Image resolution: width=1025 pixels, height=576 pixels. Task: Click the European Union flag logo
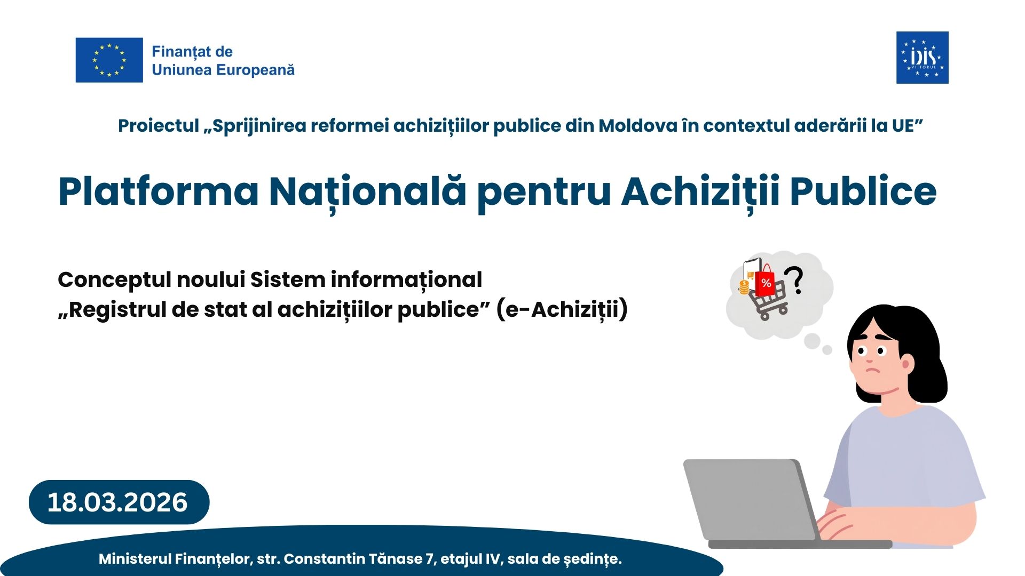click(x=109, y=60)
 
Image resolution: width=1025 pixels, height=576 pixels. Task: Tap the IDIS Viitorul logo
click(x=922, y=58)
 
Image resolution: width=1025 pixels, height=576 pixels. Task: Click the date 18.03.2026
click(x=117, y=502)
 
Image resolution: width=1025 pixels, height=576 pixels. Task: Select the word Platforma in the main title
click(x=158, y=191)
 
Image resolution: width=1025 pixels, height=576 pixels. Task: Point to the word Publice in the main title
click(x=863, y=191)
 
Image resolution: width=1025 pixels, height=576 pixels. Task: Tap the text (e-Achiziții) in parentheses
click(x=562, y=309)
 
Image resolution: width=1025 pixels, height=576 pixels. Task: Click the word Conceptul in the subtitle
click(x=114, y=280)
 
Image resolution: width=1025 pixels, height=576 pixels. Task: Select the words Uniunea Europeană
click(x=223, y=70)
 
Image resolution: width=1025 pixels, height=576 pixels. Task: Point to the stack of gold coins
click(x=744, y=287)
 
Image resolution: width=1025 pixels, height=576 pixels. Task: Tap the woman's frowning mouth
click(x=872, y=371)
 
